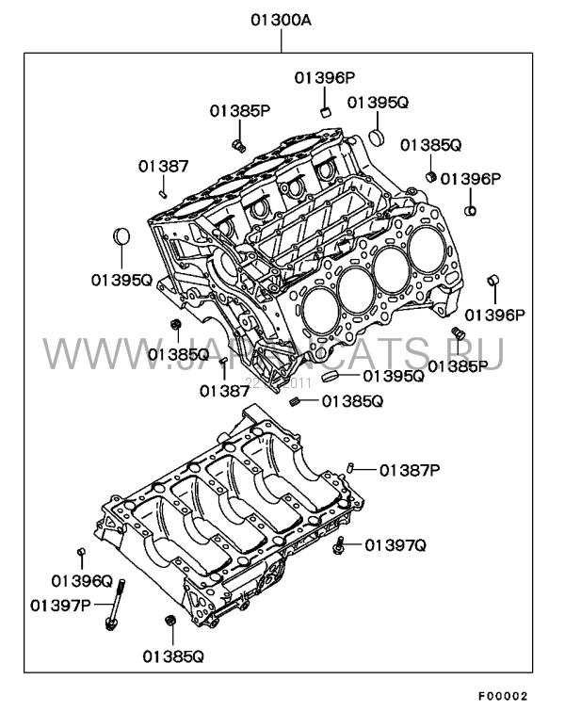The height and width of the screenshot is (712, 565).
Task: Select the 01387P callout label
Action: coord(412,469)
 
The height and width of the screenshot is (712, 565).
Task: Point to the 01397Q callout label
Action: coord(396,544)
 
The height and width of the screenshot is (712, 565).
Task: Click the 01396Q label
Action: coord(82,581)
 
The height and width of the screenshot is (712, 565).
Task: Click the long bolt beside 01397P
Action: coord(118,604)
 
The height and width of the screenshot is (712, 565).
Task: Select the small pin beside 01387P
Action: coord(350,467)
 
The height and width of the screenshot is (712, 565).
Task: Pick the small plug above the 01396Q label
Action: coord(82,552)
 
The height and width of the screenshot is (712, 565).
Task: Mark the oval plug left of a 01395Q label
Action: coord(331,376)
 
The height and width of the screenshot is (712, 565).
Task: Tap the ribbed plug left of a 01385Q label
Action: coord(295,402)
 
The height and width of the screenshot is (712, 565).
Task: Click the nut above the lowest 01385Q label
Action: coord(170,623)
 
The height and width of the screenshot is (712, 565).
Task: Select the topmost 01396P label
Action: coord(323,76)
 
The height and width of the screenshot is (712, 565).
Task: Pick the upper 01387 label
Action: coord(164,166)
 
